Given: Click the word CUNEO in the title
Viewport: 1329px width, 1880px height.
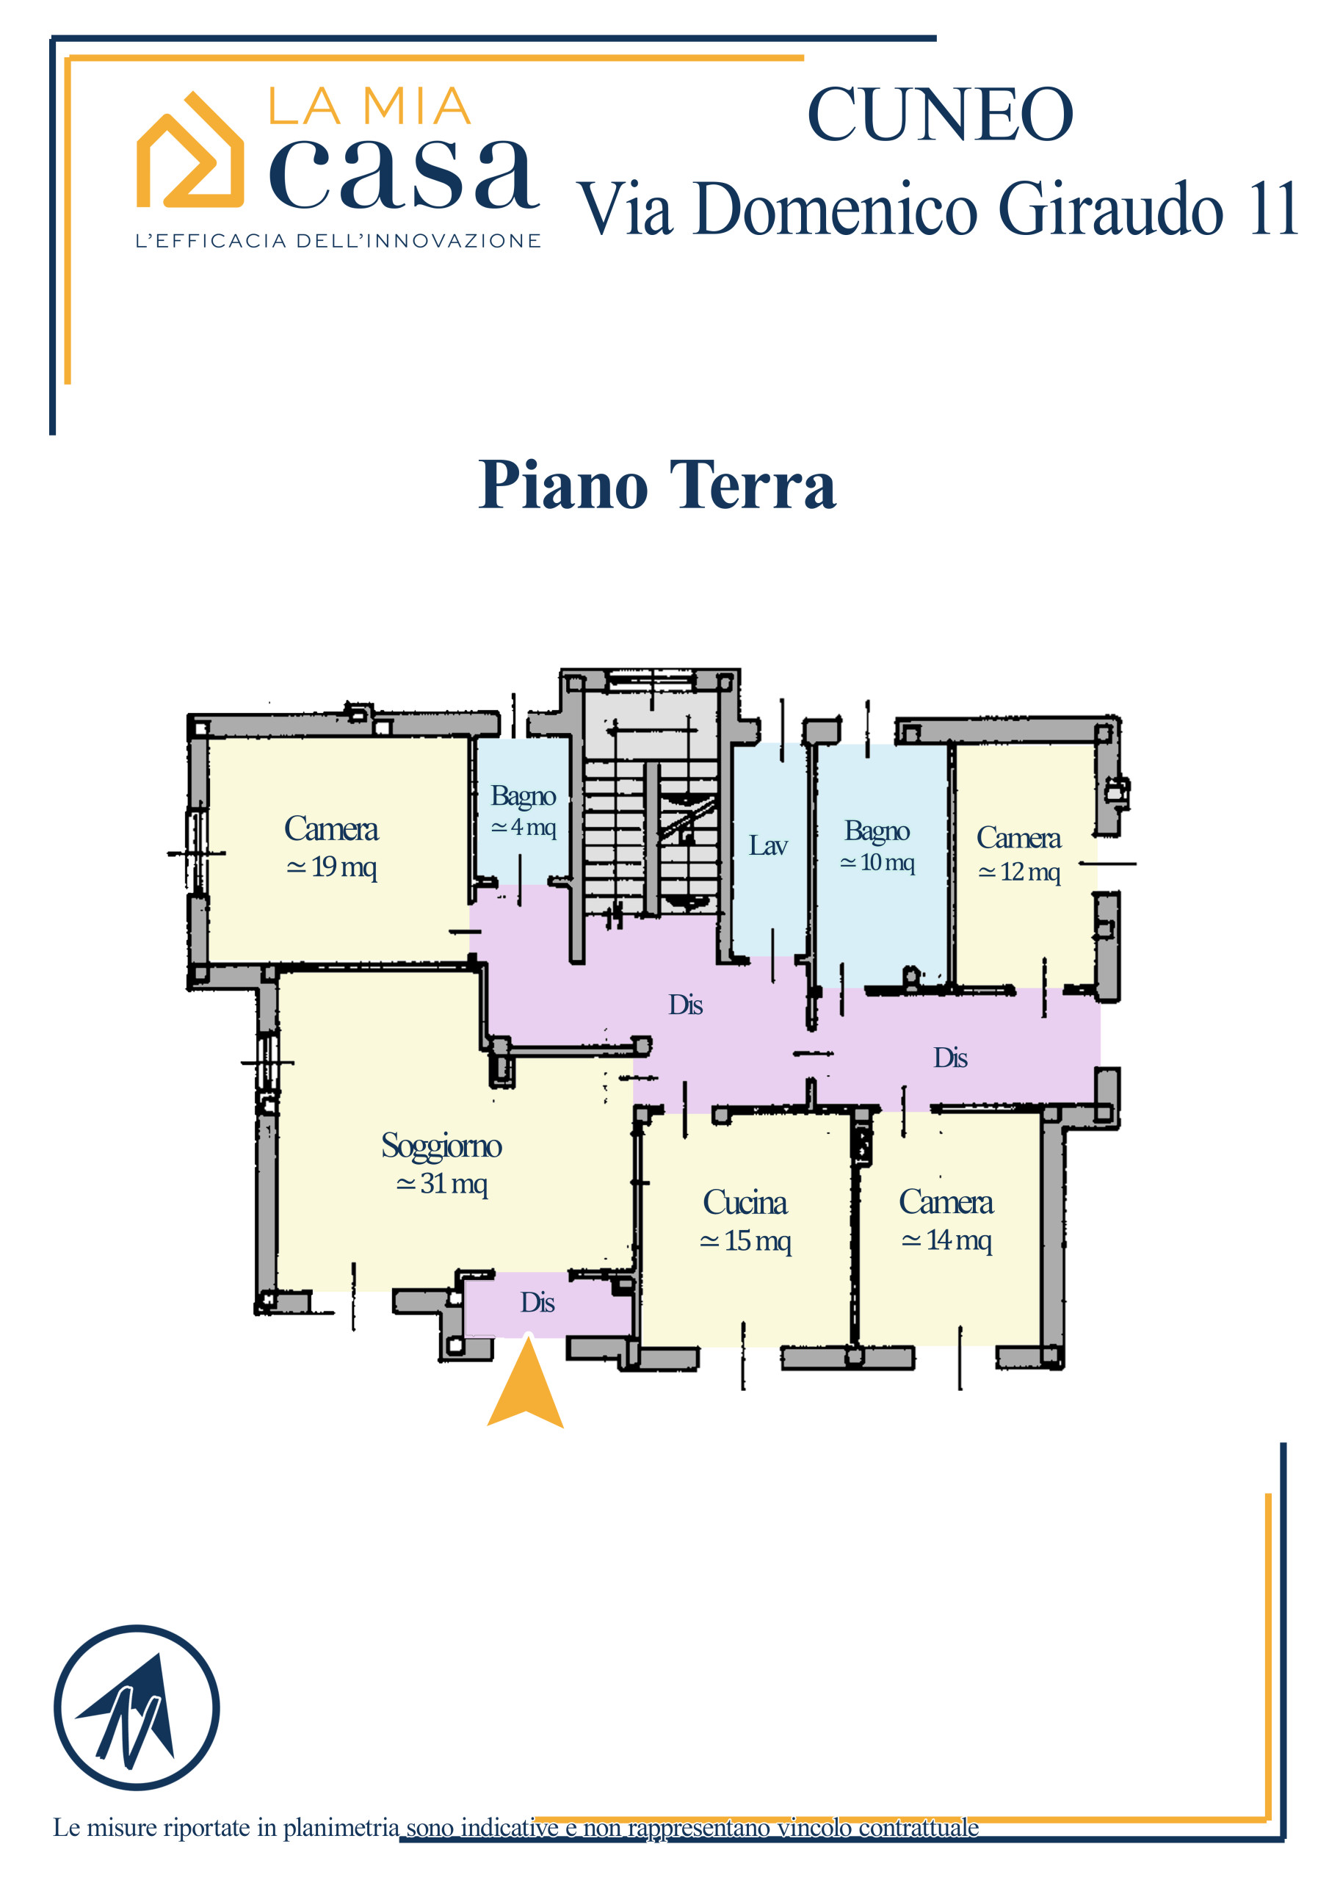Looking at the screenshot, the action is point(939,115).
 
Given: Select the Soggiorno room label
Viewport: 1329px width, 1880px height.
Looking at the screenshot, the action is point(441,1146).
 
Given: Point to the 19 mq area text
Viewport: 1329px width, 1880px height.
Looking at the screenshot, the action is point(332,867).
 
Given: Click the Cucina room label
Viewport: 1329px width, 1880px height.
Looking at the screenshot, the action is point(745,1202).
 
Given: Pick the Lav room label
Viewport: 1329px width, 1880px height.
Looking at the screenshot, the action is point(768,845).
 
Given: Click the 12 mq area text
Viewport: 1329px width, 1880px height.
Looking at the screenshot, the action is point(1019,872).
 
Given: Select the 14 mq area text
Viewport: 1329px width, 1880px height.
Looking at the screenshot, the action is point(946,1240).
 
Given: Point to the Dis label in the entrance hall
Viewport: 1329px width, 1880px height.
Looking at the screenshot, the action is point(537,1302).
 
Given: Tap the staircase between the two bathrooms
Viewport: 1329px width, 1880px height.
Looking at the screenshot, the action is point(652,835).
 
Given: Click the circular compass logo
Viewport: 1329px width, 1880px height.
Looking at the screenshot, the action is point(137,1707).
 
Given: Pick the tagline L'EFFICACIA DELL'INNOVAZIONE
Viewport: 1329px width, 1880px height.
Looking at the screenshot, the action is point(338,241).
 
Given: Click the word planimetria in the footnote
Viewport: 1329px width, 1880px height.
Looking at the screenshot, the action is point(341,1829).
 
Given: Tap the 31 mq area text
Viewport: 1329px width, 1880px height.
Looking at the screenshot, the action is point(442,1183).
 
